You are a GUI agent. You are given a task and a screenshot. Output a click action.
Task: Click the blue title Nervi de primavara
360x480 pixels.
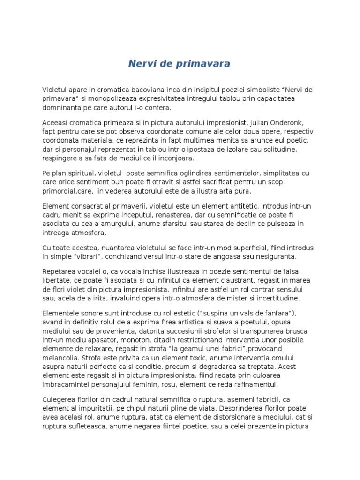pyautogui.click(x=180, y=64)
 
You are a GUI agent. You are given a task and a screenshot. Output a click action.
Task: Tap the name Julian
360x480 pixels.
pyautogui.click(x=255, y=122)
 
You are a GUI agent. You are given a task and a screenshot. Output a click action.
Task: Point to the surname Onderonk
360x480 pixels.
pyautogui.click(x=287, y=122)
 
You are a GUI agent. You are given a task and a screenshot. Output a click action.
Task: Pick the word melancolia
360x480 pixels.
pyautogui.click(x=61, y=358)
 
